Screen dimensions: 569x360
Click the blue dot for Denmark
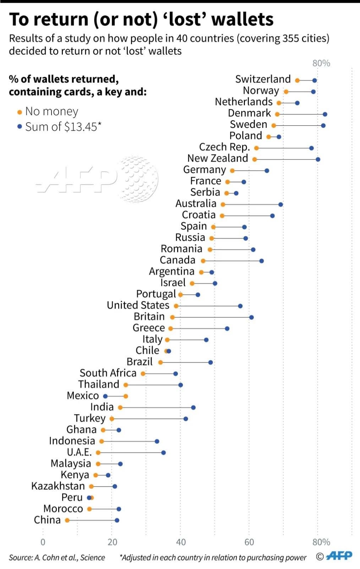point(325,114)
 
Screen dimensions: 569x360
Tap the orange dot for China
point(67,520)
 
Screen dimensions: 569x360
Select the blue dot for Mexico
point(105,396)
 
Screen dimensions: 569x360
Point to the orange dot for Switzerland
point(298,80)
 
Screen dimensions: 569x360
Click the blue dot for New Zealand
point(318,159)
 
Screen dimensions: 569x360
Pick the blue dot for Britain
point(251,317)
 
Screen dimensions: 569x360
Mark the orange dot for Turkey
point(112,419)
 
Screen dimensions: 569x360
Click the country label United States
point(138,305)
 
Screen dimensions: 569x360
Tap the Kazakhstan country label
point(58,486)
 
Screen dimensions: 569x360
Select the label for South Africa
point(108,373)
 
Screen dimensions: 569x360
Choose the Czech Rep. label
point(224,147)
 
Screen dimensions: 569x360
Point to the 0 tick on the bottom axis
point(43,542)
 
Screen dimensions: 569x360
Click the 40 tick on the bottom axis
point(180,542)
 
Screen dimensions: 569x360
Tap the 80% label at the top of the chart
point(321,63)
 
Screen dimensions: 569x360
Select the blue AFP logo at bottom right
point(339,556)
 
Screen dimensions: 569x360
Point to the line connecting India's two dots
point(157,407)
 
